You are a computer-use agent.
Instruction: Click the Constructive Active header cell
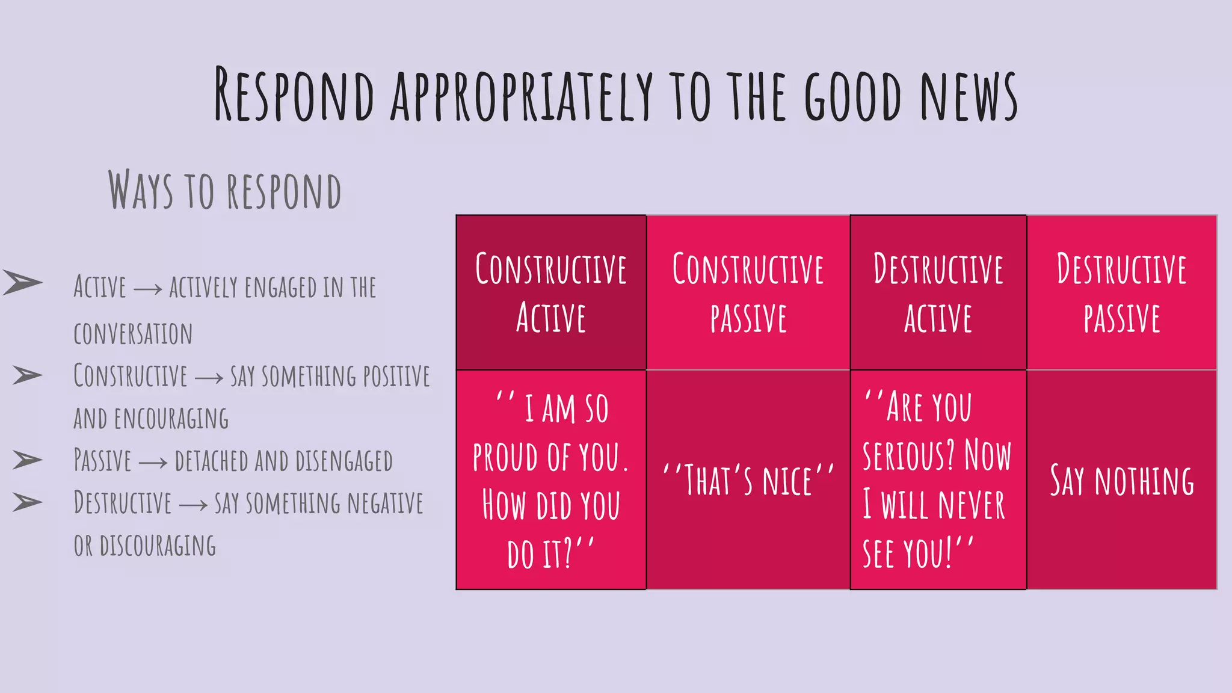[x=551, y=292]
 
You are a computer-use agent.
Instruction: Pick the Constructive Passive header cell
[x=748, y=292]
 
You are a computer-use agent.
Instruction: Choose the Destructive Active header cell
[x=938, y=292]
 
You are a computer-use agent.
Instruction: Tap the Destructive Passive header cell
[x=1122, y=292]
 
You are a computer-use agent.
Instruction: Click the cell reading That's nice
[x=748, y=480]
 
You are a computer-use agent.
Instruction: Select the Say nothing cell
[x=1122, y=480]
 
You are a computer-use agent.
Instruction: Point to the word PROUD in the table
[x=505, y=457]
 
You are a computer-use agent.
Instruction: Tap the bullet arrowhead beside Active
[x=23, y=282]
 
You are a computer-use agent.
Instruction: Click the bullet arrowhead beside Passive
[x=28, y=460]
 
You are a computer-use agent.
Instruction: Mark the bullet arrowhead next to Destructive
[x=28, y=502]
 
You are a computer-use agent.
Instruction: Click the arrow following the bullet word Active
[x=147, y=289]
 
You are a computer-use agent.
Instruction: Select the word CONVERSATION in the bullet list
[x=133, y=334]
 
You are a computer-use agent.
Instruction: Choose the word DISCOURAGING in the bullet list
[x=158, y=546]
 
